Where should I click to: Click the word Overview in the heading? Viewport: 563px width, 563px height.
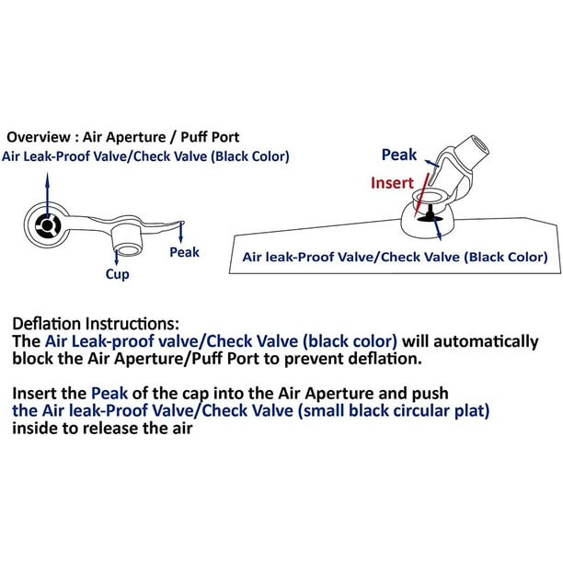(39, 137)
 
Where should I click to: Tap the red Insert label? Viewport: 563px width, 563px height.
(392, 183)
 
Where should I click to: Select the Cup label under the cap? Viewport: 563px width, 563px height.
(118, 274)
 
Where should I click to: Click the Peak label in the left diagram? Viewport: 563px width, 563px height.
(184, 252)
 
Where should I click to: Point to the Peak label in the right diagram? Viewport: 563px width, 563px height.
(399, 155)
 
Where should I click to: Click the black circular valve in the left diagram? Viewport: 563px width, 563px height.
(47, 225)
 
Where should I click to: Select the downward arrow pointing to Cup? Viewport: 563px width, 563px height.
(116, 257)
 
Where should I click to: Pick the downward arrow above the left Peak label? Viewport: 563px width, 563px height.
(180, 232)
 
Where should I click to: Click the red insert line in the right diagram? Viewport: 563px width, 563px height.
(422, 195)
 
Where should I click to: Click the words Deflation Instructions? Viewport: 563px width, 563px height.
(96, 324)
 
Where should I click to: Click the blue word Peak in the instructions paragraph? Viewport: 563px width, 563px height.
(109, 394)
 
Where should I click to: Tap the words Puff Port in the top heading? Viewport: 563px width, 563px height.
(210, 137)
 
